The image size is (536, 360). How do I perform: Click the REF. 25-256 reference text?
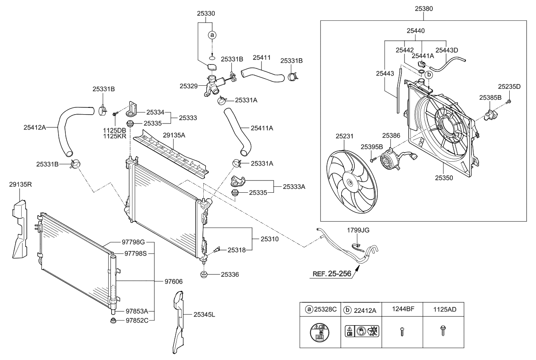tap(331, 274)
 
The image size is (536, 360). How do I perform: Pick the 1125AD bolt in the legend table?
tap(443, 331)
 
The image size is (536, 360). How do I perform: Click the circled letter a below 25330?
tap(212, 36)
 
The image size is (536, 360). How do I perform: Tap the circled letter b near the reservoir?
tap(429, 75)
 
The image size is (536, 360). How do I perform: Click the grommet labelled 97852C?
tap(113, 320)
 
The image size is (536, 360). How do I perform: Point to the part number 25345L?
tap(205, 315)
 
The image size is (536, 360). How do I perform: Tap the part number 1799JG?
tap(358, 230)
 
